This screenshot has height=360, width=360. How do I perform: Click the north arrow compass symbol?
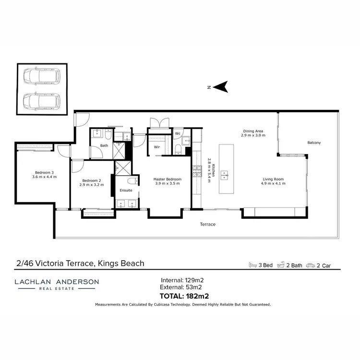221,87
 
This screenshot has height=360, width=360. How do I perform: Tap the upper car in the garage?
42,76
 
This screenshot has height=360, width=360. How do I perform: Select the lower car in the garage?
42,101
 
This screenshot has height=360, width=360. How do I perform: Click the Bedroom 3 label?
44,175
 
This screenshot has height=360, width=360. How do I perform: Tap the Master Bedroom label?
167,180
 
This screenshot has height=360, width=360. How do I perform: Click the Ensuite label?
126,191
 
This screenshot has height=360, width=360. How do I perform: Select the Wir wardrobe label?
156,147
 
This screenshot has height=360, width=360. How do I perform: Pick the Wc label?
177,133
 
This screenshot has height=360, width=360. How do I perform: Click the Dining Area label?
253,133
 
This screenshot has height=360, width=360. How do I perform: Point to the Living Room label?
272,181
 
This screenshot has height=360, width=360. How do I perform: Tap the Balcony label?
314,143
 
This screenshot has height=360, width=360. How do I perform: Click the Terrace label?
208,224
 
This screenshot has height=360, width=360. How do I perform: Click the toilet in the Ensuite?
132,181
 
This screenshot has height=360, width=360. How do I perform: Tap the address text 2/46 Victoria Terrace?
80,263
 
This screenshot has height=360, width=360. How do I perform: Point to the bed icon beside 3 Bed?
253,265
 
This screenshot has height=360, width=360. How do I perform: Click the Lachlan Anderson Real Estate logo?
57,284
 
